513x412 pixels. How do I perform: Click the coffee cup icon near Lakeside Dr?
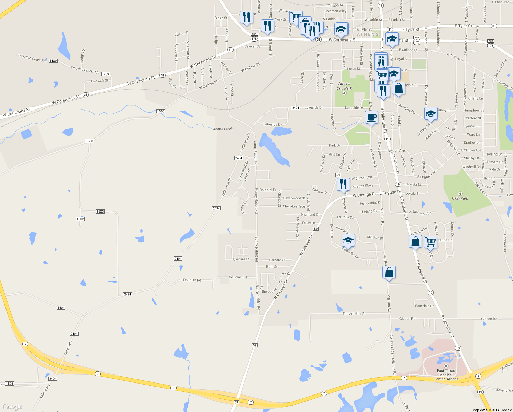pos(371,117)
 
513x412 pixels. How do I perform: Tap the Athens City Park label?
pos(344,86)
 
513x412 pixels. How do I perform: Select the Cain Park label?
pos(460,198)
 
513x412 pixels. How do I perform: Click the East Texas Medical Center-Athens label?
pos(446,375)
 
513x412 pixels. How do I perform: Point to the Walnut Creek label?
pos(223,129)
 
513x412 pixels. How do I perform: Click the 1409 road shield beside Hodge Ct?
pos(53,61)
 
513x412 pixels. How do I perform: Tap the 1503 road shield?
pos(100,211)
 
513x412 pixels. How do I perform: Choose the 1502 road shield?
pos(80,219)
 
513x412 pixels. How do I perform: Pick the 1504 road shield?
pos(61,308)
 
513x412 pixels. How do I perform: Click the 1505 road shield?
pos(9,384)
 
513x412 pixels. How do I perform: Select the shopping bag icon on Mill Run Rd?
pos(389,272)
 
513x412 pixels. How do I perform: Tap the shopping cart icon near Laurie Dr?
pos(430,241)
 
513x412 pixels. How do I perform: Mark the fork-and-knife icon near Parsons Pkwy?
pos(343,184)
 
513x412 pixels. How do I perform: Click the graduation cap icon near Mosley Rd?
pos(431,114)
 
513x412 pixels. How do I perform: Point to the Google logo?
pos(12,407)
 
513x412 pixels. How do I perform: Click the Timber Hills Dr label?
pos(354,313)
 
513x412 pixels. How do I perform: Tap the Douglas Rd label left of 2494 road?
pos(192,280)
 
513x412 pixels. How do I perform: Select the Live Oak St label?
pos(99,81)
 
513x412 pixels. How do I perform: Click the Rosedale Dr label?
pos(424,306)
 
